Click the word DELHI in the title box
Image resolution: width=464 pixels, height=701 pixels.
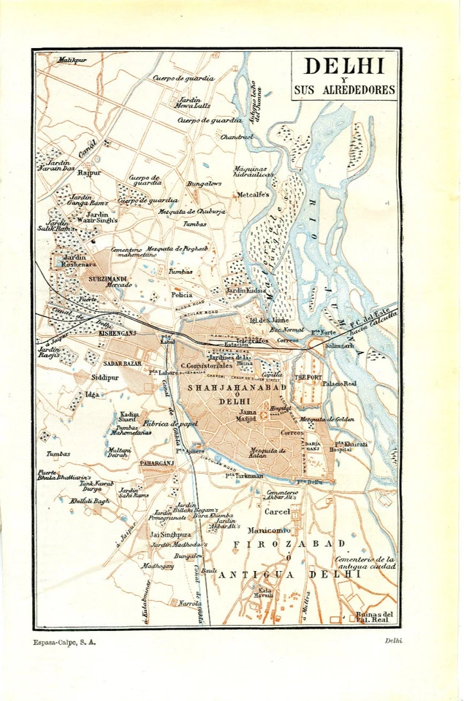click(x=344, y=67)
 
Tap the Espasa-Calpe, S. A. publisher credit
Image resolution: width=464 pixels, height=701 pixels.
click(x=65, y=643)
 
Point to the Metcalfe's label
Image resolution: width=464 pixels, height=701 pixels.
click(x=253, y=195)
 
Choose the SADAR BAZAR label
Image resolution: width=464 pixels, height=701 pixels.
click(x=122, y=363)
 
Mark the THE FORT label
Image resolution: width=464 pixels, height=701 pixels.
click(x=308, y=378)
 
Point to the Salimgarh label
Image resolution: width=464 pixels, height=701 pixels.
click(x=339, y=345)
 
